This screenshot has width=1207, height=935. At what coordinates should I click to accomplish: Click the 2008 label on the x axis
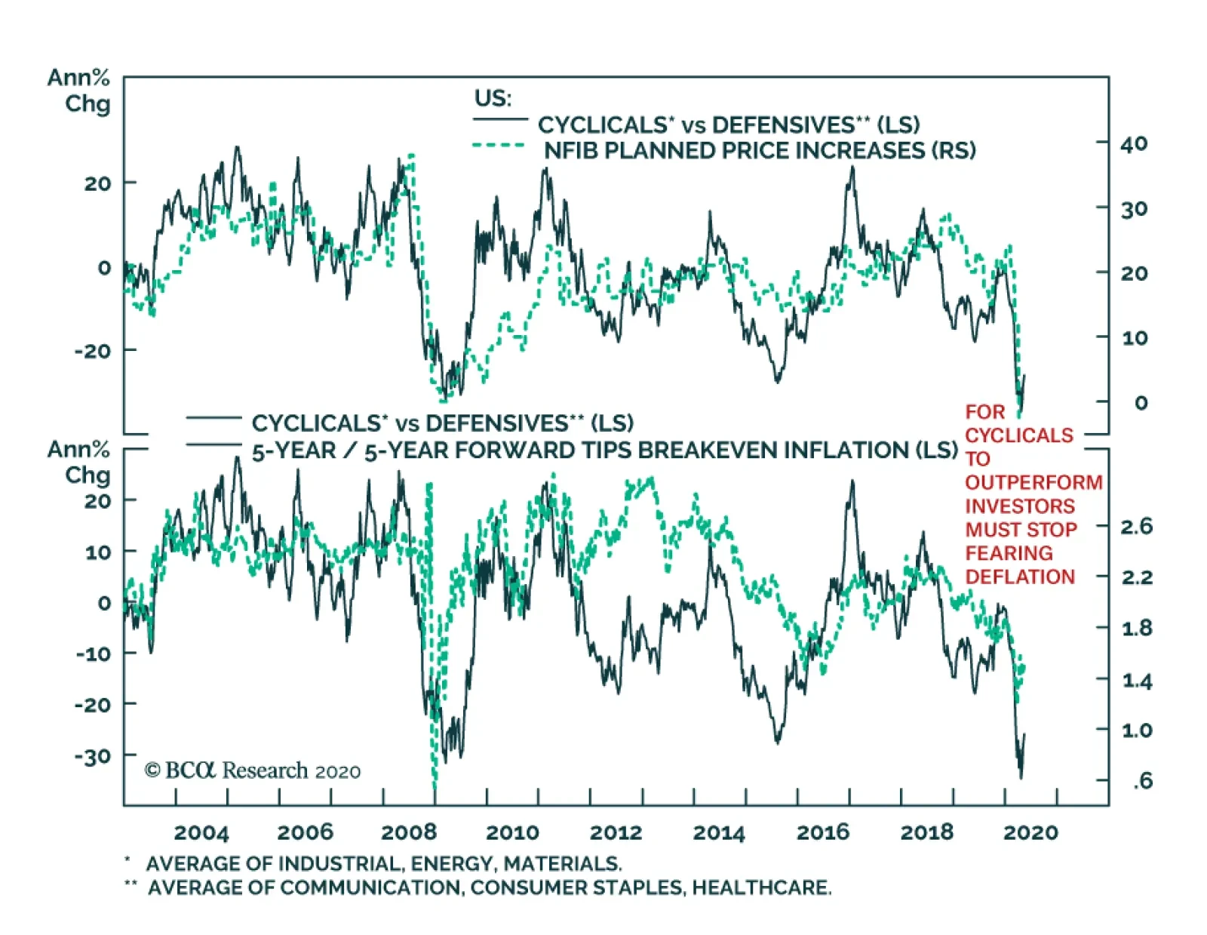pyautogui.click(x=408, y=832)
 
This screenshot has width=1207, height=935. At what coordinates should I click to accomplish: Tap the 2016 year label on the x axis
pyautogui.click(x=822, y=832)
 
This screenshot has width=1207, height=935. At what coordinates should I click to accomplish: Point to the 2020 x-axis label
pyautogui.click(x=1030, y=832)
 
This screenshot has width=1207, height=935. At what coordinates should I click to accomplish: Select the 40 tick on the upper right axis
pyautogui.click(x=1133, y=143)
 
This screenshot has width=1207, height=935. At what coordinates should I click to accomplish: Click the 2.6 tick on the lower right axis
pyautogui.click(x=1136, y=526)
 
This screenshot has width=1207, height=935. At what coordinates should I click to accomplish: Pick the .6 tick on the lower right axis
pyautogui.click(x=1142, y=780)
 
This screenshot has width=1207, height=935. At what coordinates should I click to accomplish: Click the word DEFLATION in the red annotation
pyautogui.click(x=1020, y=577)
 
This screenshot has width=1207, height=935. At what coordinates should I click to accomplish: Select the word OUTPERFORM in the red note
pyautogui.click(x=1033, y=482)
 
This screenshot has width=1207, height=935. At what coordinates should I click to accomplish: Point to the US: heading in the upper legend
pyautogui.click(x=493, y=98)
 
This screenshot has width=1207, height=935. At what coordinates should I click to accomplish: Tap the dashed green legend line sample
pyautogui.click(x=499, y=145)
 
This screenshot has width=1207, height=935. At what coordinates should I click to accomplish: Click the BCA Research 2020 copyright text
pyautogui.click(x=253, y=770)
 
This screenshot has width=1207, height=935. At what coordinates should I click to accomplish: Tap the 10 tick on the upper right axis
pyautogui.click(x=1133, y=337)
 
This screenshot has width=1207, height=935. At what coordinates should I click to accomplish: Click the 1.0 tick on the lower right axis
pyautogui.click(x=1136, y=730)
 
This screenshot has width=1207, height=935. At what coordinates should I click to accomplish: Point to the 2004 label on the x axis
pyautogui.click(x=201, y=832)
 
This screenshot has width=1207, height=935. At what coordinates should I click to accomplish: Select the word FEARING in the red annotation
pyautogui.click(x=1009, y=553)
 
